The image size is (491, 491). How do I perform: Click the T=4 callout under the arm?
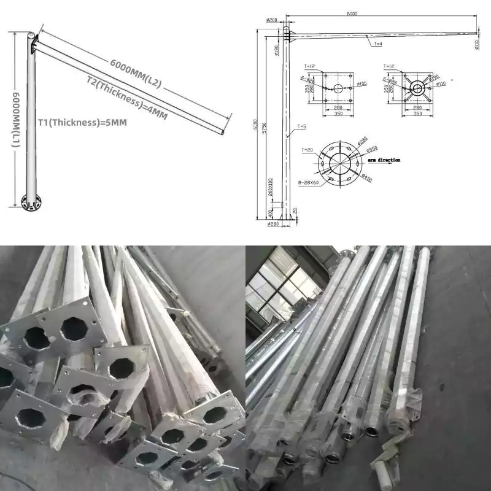[x=376, y=44]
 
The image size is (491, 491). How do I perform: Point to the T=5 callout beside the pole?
[x=301, y=126]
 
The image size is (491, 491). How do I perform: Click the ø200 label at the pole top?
[x=271, y=20]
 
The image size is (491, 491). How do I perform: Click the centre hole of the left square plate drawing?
[x=337, y=88]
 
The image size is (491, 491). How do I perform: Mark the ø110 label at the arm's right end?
[x=476, y=43]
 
